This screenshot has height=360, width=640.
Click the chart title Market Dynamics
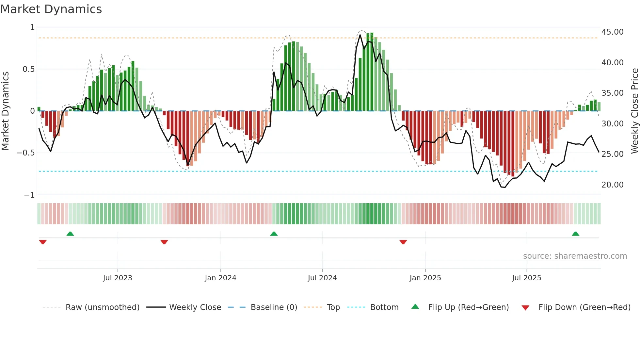click(x=51, y=9)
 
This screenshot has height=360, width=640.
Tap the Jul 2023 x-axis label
click(x=118, y=278)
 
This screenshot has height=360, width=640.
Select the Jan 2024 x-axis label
click(x=220, y=278)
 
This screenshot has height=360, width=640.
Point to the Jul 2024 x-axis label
click(x=322, y=278)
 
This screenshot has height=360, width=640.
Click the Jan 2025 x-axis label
click(x=425, y=278)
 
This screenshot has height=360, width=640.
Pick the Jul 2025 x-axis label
click(x=526, y=278)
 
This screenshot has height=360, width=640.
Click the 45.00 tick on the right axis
click(x=612, y=32)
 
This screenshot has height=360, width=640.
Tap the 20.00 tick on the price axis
click(x=612, y=185)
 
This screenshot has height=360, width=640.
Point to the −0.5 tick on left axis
click(x=26, y=153)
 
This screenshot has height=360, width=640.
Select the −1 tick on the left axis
click(x=29, y=195)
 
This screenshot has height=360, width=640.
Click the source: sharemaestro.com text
click(x=575, y=256)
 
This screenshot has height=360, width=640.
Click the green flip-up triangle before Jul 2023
click(x=70, y=234)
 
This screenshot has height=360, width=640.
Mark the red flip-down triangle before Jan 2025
click(x=403, y=242)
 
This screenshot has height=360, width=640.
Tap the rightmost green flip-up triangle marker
click(x=575, y=234)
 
